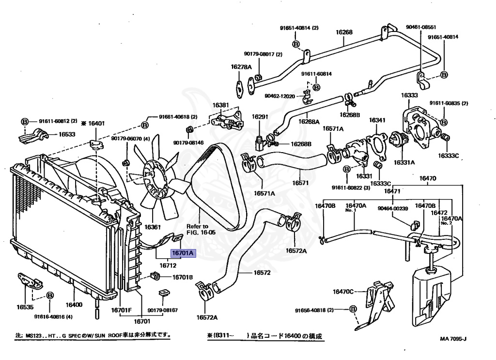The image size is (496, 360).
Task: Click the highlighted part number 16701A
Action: [x=182, y=253]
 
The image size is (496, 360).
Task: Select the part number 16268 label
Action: [x=344, y=33]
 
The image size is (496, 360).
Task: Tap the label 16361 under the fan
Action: [x=153, y=227]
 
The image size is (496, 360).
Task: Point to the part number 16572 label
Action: [x=262, y=272]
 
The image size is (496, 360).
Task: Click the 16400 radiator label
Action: [x=74, y=305]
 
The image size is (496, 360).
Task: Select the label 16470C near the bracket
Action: [x=343, y=292]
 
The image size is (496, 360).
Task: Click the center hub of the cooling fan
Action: [x=154, y=174]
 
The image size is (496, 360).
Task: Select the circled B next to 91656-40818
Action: [x=353, y=309]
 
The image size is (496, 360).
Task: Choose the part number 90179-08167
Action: [x=163, y=310]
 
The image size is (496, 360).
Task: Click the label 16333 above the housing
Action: [x=409, y=95]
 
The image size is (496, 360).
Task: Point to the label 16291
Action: [x=260, y=117]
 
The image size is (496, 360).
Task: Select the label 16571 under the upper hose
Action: [x=300, y=183]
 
